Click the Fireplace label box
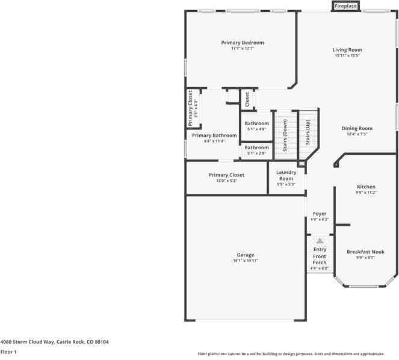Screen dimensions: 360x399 pos(345,6)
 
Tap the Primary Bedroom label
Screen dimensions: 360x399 pos(243,43)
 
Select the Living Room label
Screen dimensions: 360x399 pos(347,50)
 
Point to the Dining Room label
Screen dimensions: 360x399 pos(357,128)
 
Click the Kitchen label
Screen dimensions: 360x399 pos(366,187)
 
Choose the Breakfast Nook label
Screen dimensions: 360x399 pos(365,252)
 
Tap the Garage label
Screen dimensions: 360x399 pos(245,255)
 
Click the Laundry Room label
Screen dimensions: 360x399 pos(286,176)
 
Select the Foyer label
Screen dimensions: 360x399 pos(320,214)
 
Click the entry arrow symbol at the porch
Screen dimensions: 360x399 pos(320,240)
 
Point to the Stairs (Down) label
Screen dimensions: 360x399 pos(285,135)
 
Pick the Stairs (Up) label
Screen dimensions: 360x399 pos(308,133)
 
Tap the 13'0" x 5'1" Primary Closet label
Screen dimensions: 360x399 pos(227,175)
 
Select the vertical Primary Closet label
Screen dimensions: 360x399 pos(191,108)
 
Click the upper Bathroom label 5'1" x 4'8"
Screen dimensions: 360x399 pos(256,123)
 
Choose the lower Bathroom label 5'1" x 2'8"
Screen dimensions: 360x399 pos(256,147)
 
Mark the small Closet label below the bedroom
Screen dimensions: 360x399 pos(247,99)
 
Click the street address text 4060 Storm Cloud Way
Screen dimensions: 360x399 pos(54,341)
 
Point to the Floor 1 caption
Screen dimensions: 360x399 pos(8,352)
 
